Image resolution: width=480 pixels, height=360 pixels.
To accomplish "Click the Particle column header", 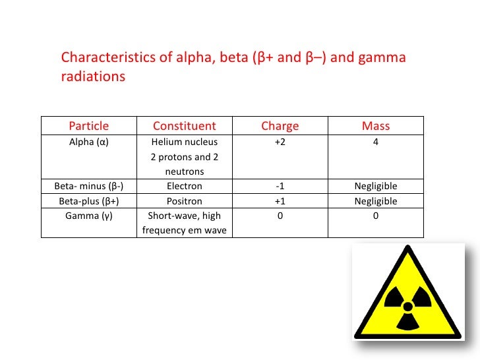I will point(89,126).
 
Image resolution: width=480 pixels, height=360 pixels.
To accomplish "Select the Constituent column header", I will point(184,126).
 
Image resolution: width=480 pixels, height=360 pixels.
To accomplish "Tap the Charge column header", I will point(280,126).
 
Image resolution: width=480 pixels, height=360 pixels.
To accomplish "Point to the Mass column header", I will point(376,126).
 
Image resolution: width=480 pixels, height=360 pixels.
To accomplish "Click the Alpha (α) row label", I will point(89,142).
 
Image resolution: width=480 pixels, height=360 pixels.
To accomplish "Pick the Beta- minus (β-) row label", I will point(89,187).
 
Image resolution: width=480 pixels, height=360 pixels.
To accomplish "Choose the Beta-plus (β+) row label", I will point(89,202).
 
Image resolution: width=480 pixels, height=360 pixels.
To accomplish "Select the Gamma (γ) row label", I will point(89,216).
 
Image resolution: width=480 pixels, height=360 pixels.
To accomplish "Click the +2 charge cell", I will point(280,142).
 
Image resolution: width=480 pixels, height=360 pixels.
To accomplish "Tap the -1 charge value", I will point(280,187).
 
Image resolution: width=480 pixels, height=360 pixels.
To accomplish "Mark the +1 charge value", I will point(280,202).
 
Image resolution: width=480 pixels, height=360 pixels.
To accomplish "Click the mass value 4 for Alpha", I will point(376,142).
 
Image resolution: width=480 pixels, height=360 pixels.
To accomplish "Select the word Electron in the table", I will point(184,187).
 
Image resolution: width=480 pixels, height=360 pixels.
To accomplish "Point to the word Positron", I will point(184,202).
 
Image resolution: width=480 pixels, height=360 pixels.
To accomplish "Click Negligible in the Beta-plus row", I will point(376,202).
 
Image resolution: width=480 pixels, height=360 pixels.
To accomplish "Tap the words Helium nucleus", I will point(184,142).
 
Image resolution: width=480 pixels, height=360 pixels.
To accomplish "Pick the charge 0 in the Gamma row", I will point(280,216).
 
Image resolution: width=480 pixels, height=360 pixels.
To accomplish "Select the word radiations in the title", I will point(93,76).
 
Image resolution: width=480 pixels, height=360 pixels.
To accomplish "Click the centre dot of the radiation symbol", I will point(408,306).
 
